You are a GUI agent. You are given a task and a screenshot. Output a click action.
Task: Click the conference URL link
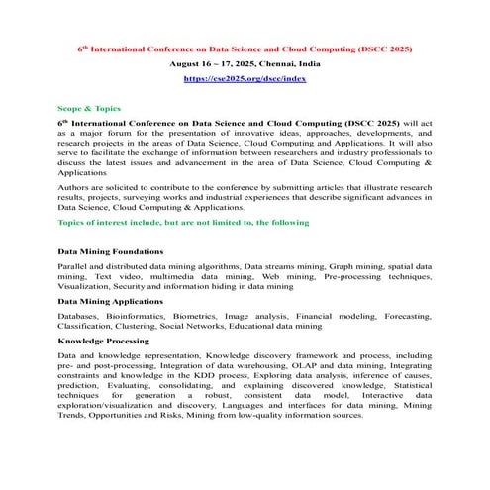point(245,75)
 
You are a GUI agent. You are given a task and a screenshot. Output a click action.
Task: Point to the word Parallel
point(75,267)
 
